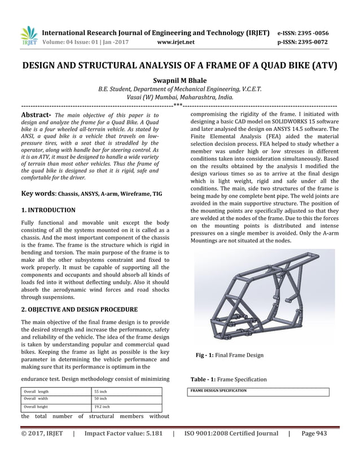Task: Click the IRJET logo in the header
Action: pyautogui.click(x=28, y=36)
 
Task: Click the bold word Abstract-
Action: pyautogui.click(x=36, y=115)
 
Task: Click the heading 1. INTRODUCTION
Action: pyautogui.click(x=48, y=210)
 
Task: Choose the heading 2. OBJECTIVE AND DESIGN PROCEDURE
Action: pyautogui.click(x=79, y=310)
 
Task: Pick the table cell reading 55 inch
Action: pyautogui.click(x=100, y=391)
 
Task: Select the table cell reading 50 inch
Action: pyautogui.click(x=100, y=399)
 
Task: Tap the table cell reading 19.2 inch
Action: pyautogui.click(x=102, y=407)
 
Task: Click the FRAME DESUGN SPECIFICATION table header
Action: pyautogui.click(x=218, y=390)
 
